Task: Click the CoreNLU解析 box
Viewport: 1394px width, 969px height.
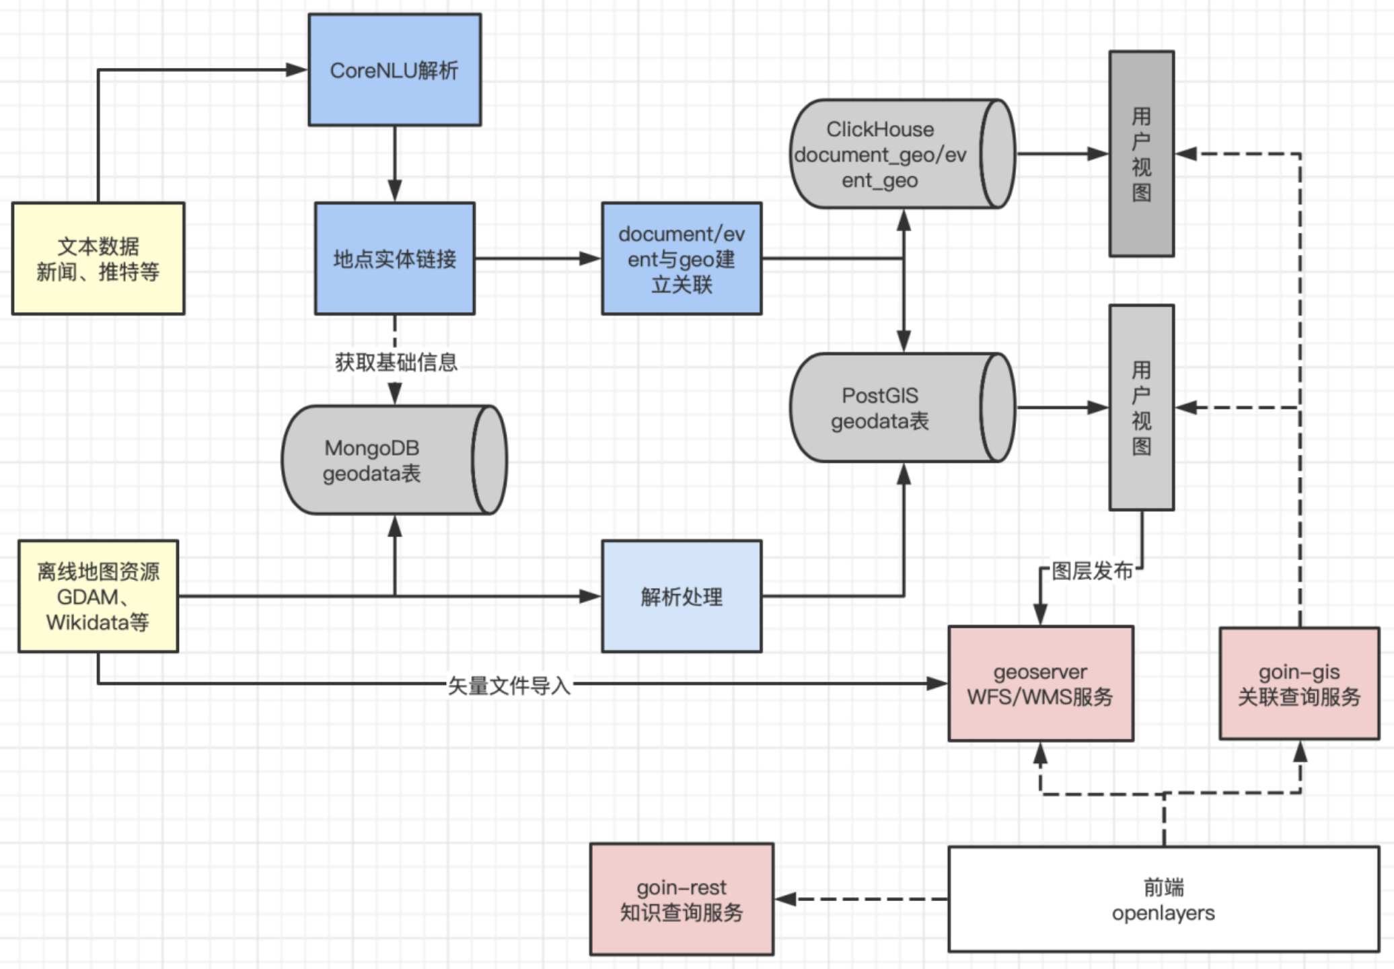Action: point(394,70)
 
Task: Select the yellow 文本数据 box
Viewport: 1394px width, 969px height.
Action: point(98,258)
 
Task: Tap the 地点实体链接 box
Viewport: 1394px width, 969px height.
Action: point(394,258)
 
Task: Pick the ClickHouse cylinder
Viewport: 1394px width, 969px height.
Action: point(888,154)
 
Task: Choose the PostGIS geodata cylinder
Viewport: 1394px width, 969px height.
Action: point(888,408)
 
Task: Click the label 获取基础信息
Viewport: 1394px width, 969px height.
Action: point(396,363)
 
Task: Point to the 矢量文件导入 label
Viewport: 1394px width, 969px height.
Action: point(509,686)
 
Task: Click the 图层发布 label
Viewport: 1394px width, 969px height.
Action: point(1092,571)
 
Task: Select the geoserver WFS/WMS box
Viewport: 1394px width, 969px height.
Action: point(1040,684)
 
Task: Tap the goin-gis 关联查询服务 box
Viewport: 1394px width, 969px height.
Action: point(1299,684)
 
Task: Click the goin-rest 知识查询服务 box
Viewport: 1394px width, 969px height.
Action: point(682,899)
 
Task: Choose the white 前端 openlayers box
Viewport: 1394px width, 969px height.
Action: point(1163,899)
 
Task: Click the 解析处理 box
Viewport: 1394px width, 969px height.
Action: point(682,596)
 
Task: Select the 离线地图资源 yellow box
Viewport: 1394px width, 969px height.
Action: point(98,596)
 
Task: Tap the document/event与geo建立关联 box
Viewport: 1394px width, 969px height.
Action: point(682,258)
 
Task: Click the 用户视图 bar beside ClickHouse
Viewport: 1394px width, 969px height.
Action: point(1141,154)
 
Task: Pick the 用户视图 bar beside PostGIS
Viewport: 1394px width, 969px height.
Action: point(1141,408)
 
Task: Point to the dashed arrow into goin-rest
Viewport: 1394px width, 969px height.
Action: point(861,899)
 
